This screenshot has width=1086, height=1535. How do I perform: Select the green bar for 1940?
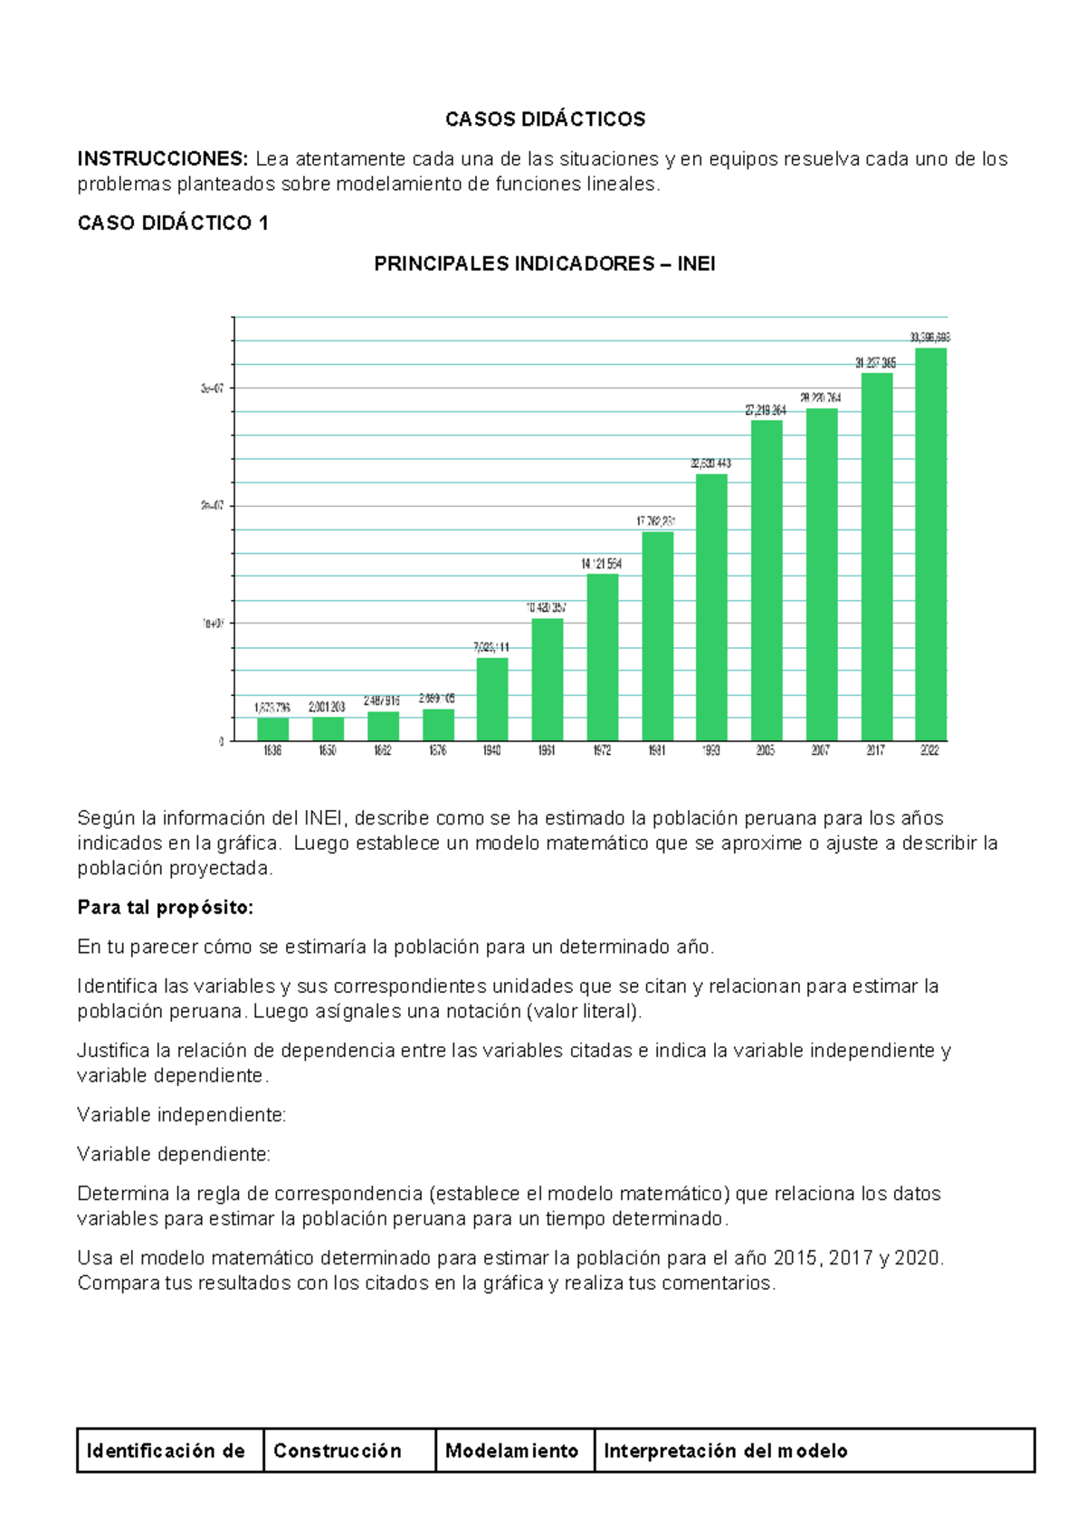click(x=492, y=700)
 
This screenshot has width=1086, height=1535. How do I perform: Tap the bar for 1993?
click(x=711, y=607)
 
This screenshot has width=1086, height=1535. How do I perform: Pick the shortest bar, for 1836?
click(x=272, y=729)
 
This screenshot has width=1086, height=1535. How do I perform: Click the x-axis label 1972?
click(x=602, y=750)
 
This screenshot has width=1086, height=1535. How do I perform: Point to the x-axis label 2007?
click(x=820, y=750)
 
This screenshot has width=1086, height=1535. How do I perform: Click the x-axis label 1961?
click(x=547, y=750)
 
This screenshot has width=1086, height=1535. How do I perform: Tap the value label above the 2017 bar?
click(x=875, y=363)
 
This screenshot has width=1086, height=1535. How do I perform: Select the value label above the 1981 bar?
click(x=655, y=521)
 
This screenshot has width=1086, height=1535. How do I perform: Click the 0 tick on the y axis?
click(x=221, y=741)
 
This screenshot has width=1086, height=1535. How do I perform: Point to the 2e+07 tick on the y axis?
click(x=212, y=506)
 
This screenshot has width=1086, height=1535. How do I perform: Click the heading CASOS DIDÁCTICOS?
click(x=545, y=119)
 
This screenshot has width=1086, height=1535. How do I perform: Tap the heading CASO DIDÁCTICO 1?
click(x=173, y=224)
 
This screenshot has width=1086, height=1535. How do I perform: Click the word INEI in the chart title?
click(x=696, y=264)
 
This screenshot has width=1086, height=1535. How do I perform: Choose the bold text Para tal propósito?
click(x=166, y=908)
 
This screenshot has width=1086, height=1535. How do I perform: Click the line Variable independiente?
click(x=182, y=1115)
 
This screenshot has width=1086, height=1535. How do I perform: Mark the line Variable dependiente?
click(x=174, y=1155)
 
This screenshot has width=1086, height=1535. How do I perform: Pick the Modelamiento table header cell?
click(x=512, y=1451)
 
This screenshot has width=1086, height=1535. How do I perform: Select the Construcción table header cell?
click(x=338, y=1451)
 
